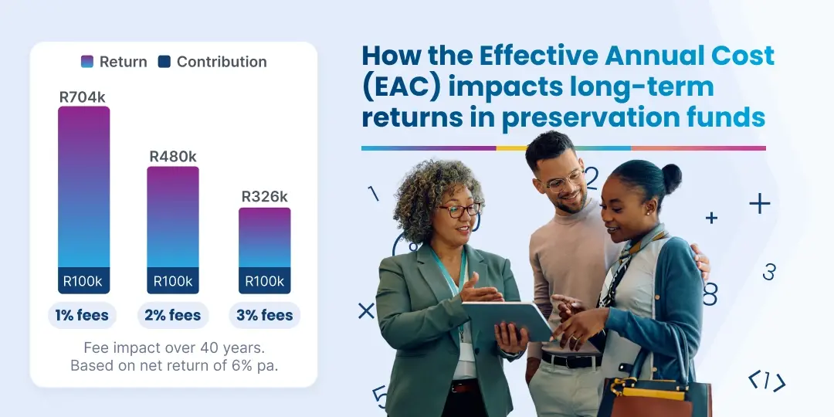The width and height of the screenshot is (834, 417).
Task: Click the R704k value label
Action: point(83,97)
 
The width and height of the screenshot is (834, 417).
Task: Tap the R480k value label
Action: point(173,157)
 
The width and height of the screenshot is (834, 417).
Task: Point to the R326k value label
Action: point(264,197)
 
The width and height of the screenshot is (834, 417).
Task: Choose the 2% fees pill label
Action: point(173,315)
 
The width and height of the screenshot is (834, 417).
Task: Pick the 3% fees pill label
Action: point(264,315)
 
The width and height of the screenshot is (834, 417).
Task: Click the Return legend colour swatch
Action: point(87,62)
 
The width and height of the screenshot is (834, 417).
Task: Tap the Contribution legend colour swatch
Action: point(164,62)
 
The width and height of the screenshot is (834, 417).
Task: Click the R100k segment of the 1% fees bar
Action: point(83,281)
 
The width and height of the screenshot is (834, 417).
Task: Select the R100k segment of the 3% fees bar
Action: point(264,281)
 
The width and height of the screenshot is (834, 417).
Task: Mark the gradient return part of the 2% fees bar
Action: point(173,216)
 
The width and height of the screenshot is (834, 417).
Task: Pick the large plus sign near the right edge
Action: point(760,203)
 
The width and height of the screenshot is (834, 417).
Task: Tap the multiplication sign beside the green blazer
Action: point(366,310)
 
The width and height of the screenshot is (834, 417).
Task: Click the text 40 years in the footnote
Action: point(237,348)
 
